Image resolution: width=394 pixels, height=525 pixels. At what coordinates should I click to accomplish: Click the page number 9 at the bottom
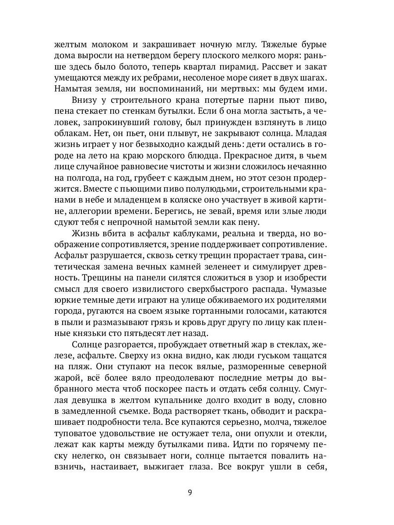190,493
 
